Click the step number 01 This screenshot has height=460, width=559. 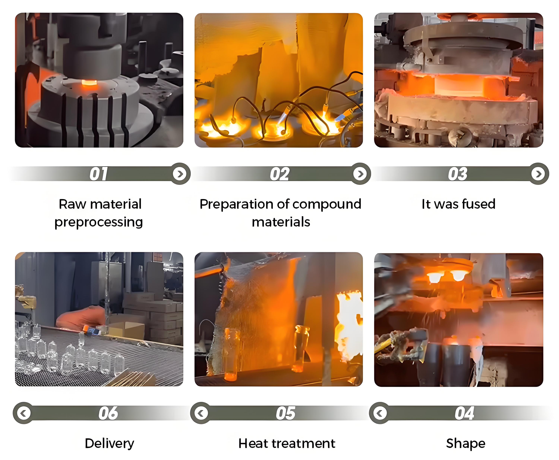coord(99,174)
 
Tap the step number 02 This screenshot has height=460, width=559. coord(279,174)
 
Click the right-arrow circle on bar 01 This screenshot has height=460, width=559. coord(180,174)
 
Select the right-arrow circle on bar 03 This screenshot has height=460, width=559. coord(538,174)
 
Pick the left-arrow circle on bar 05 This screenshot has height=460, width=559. coord(201,413)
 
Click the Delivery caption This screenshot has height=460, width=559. coord(109,443)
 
